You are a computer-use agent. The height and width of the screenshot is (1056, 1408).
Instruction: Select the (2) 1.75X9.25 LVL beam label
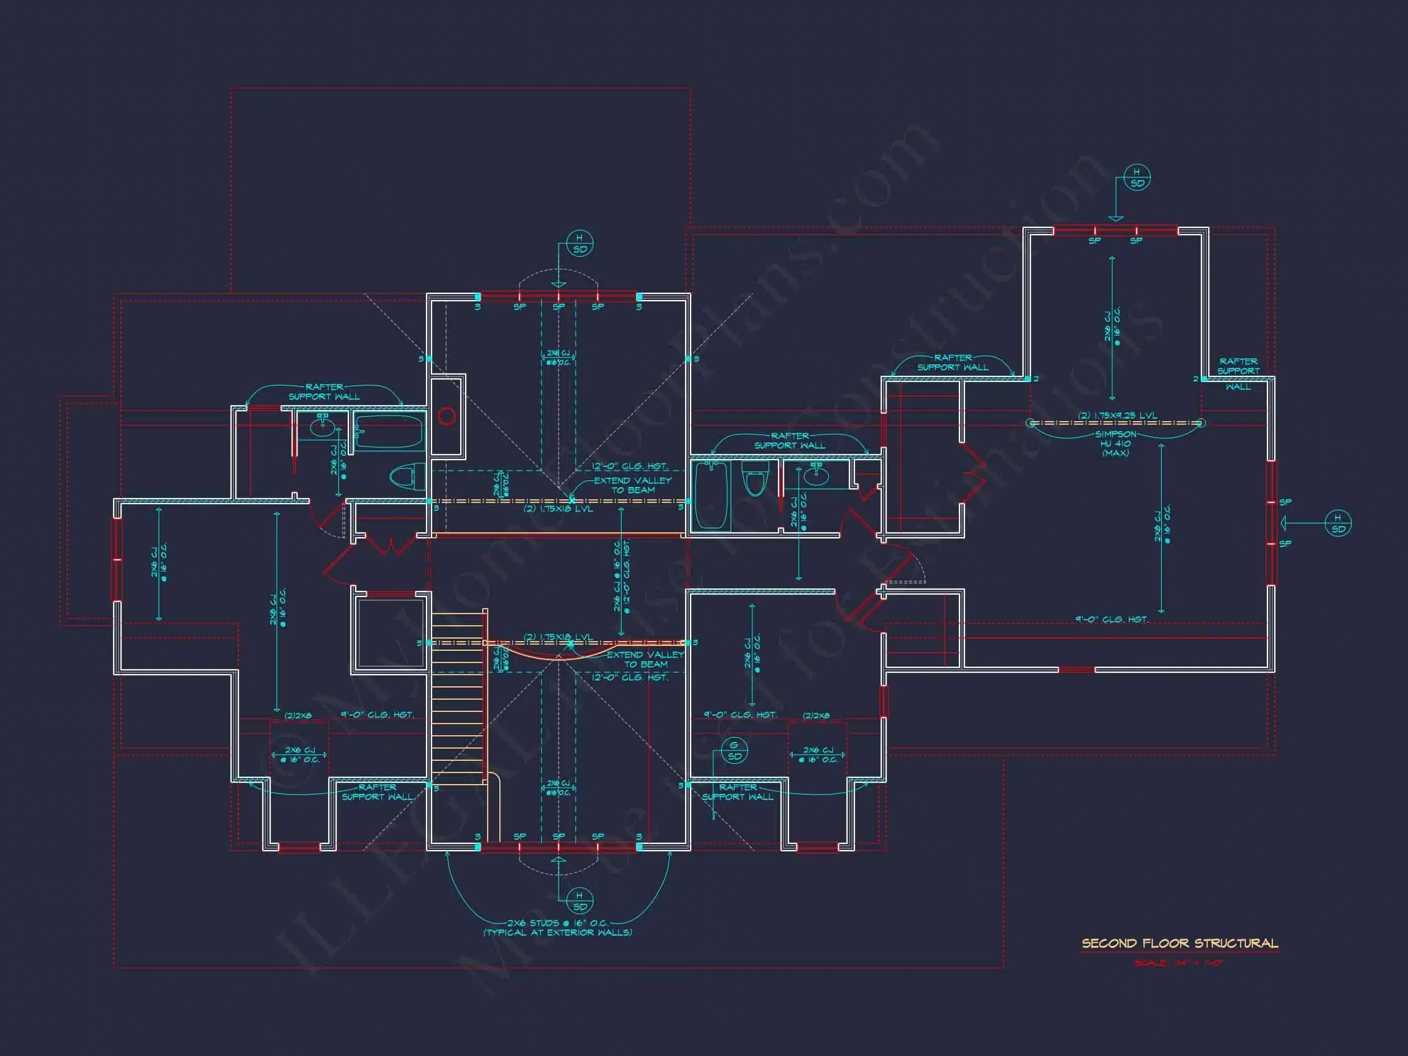pos(1117,416)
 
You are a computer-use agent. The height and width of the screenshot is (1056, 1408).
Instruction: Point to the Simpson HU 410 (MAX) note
pos(1115,443)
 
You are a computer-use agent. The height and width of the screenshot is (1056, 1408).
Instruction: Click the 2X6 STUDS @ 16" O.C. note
pos(557,927)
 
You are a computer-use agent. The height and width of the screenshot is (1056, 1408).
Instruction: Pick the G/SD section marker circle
pos(734,751)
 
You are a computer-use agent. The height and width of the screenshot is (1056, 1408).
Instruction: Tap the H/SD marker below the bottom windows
pos(579,901)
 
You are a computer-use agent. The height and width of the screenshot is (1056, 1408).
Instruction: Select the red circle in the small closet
pos(447,416)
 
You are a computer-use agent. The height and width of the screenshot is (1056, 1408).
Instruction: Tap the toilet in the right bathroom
pos(755,480)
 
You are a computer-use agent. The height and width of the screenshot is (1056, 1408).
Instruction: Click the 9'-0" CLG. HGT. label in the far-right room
pos(1112,618)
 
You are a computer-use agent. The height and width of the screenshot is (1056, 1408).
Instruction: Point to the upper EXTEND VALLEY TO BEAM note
pos(632,485)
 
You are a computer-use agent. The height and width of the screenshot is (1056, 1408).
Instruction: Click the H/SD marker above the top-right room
pos(1137,178)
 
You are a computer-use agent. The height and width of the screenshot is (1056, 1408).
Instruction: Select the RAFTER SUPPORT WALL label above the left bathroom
pos(324,392)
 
